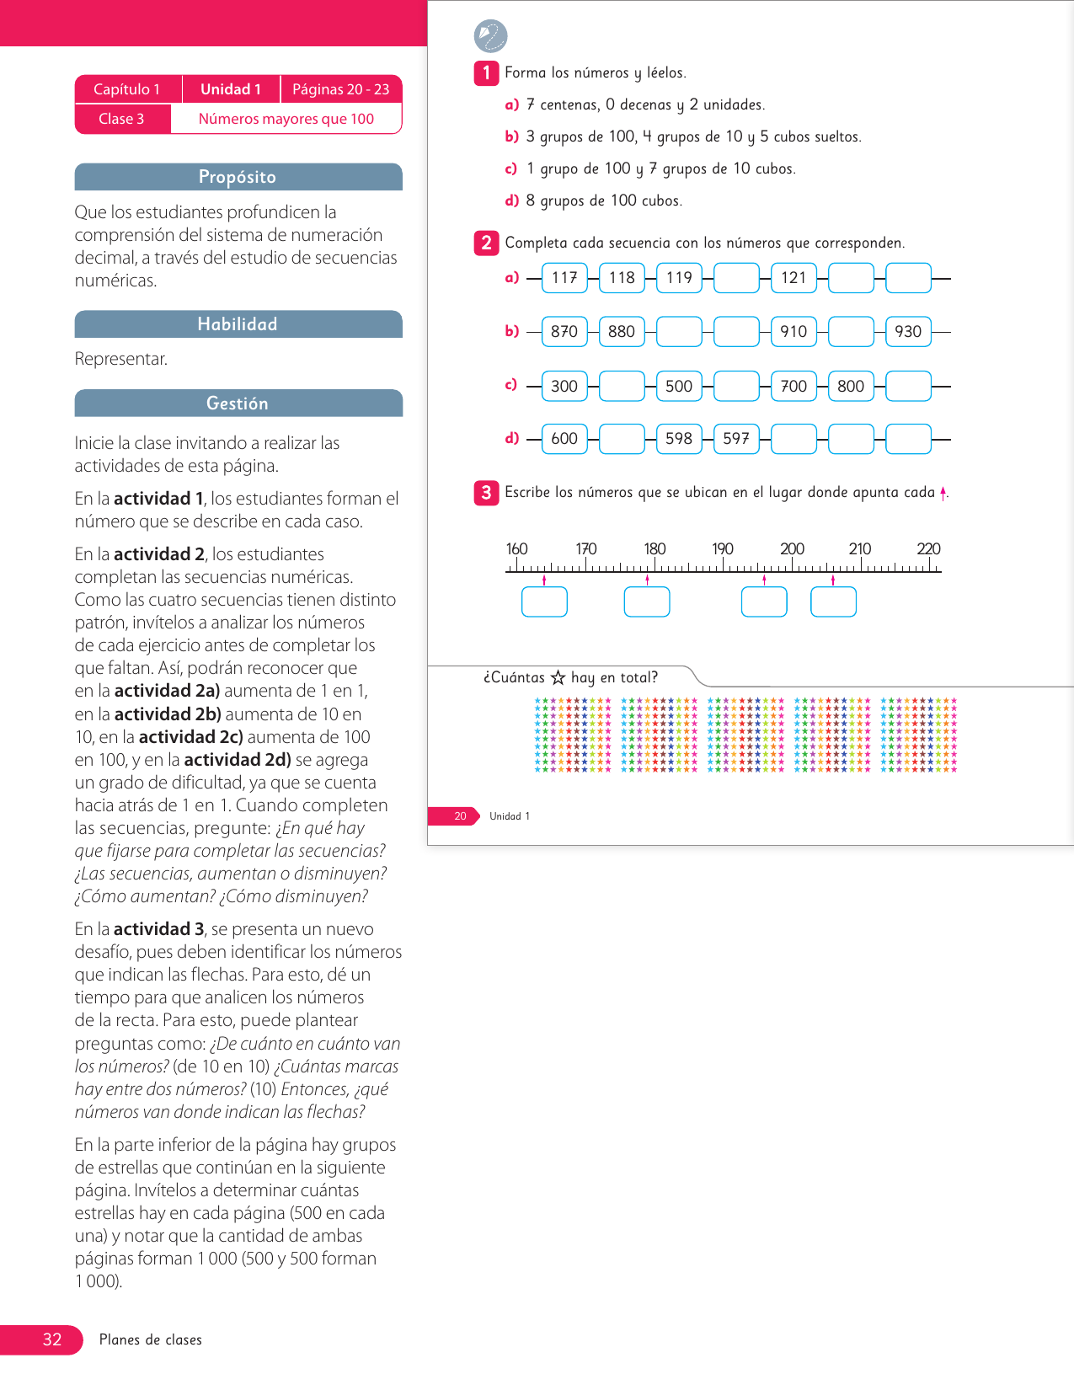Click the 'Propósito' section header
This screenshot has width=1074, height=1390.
click(238, 177)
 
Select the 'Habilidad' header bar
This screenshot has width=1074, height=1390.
click(238, 324)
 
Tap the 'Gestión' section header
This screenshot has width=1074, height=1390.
click(238, 404)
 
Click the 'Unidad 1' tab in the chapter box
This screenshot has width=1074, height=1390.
click(231, 89)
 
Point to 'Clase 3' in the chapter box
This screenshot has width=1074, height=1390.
click(121, 119)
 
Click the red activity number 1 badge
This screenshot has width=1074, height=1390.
click(486, 73)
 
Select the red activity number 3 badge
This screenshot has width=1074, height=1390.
click(486, 493)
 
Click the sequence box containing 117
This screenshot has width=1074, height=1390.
click(564, 278)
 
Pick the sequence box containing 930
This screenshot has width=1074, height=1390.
click(908, 332)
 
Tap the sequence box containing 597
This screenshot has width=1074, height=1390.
click(736, 439)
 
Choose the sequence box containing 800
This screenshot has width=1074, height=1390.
click(851, 387)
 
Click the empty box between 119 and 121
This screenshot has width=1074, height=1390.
click(736, 278)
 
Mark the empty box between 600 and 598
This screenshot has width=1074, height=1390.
click(622, 439)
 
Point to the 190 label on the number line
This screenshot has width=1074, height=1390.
click(723, 549)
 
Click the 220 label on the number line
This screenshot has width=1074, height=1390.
click(928, 549)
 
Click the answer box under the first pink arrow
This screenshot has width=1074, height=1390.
click(544, 602)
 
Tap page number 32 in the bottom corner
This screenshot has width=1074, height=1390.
click(52, 1339)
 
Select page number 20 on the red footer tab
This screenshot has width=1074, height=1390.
click(460, 816)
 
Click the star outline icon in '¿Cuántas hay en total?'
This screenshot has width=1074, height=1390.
click(558, 677)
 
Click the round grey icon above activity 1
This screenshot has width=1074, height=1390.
click(491, 36)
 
